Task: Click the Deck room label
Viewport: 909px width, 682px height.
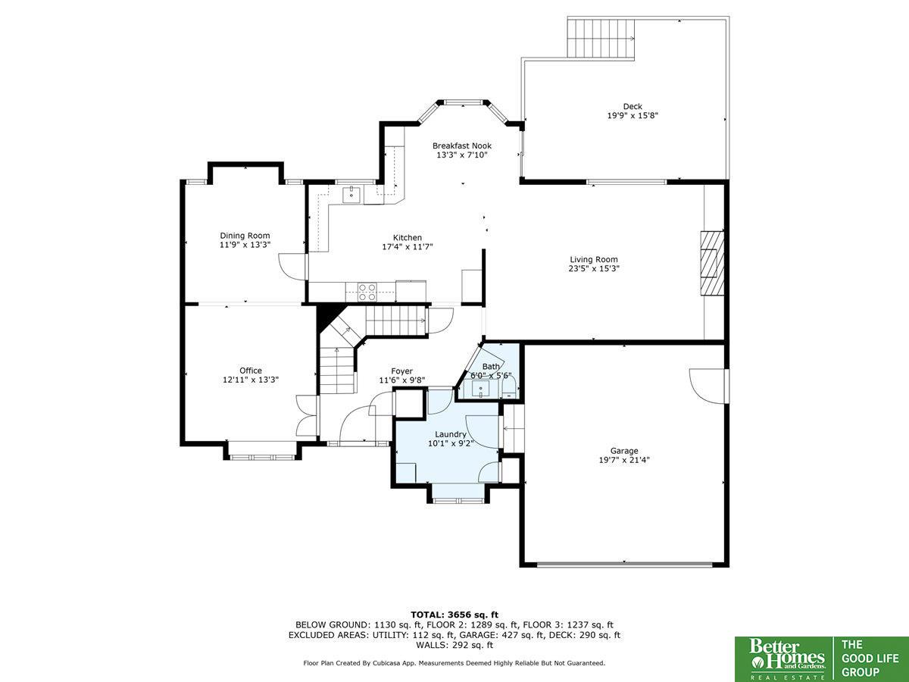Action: point(633,106)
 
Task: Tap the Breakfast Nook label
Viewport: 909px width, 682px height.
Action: point(462,145)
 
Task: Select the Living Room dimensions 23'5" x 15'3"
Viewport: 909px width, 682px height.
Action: point(594,268)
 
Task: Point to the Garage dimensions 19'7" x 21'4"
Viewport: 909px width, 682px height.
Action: point(624,460)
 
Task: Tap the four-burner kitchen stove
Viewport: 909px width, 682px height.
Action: point(367,292)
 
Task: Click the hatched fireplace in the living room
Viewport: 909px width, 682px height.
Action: point(712,262)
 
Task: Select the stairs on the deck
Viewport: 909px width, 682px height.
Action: point(601,38)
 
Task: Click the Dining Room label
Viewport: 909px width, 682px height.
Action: point(245,236)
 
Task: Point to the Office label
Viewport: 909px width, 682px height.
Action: point(251,371)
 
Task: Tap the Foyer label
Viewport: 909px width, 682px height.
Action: point(401,371)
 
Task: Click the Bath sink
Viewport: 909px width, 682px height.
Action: point(481,389)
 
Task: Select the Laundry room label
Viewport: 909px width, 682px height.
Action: point(451,434)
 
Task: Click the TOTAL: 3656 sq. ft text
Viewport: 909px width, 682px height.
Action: point(454,615)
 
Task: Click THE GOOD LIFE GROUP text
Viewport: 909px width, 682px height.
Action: point(870,658)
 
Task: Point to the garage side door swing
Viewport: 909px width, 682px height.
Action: point(708,386)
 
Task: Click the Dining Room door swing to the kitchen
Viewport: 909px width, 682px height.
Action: point(292,267)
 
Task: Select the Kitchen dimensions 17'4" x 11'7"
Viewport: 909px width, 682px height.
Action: point(408,247)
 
